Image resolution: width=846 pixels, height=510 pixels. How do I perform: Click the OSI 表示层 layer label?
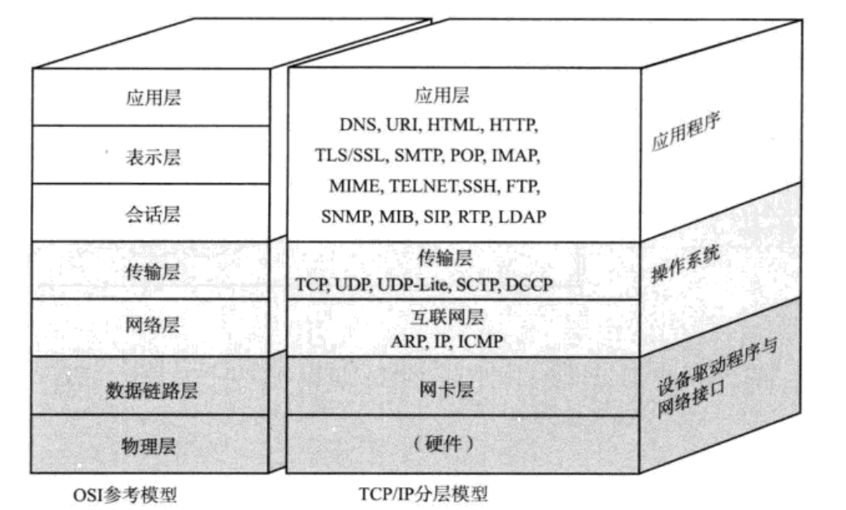[x=154, y=156]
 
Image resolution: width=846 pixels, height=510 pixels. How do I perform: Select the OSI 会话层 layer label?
[x=154, y=215]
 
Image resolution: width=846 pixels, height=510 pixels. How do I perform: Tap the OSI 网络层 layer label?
[x=154, y=325]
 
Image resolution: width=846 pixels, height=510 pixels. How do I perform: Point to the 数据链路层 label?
[x=153, y=390]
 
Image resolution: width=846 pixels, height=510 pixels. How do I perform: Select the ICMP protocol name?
[x=480, y=341]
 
